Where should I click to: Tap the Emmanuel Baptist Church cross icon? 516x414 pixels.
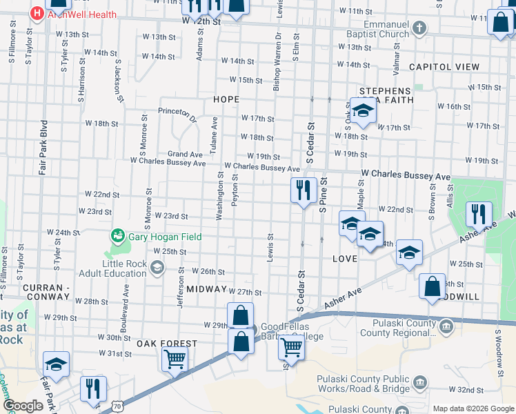click(419, 28)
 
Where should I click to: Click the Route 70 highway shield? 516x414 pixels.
click(118, 408)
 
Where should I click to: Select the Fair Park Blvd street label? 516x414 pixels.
click(43, 152)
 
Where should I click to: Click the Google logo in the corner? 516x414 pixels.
click(23, 406)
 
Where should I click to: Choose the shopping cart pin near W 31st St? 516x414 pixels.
click(175, 357)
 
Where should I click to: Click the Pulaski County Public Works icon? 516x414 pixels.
click(419, 382)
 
